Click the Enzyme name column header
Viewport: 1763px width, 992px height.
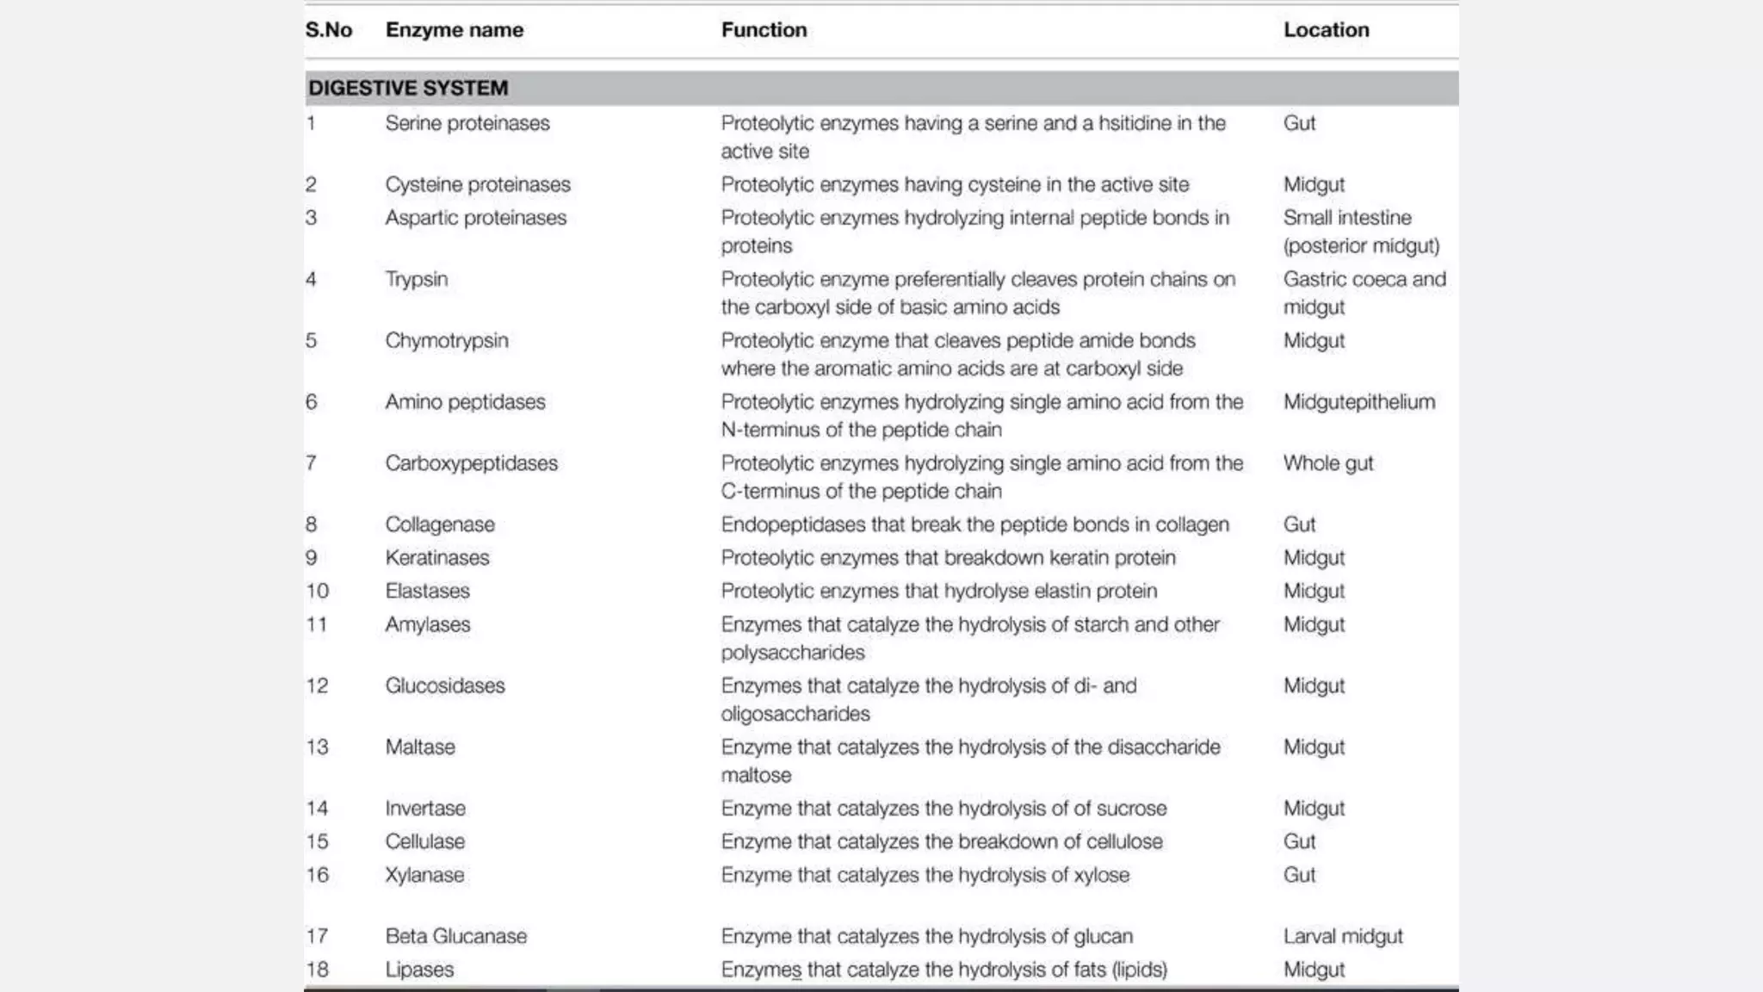tap(454, 30)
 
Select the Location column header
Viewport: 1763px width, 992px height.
tap(1326, 30)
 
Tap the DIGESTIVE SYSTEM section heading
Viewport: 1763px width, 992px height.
tap(408, 88)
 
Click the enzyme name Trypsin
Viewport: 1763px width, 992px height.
tap(417, 279)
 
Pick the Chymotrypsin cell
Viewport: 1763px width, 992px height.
tap(447, 340)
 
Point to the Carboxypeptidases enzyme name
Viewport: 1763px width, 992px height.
tap(471, 463)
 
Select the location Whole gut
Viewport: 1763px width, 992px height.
tap(1327, 463)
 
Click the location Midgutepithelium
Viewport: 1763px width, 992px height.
tap(1358, 402)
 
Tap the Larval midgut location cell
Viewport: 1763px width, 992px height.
tap(1342, 936)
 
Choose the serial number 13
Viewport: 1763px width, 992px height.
tap(317, 747)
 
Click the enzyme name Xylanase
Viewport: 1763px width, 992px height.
tap(424, 875)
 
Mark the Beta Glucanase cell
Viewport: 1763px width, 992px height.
tap(455, 936)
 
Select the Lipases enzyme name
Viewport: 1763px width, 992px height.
tap(419, 970)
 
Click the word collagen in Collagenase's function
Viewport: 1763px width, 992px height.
tap(1192, 524)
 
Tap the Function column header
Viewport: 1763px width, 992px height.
tap(764, 30)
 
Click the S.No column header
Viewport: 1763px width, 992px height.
tap(329, 30)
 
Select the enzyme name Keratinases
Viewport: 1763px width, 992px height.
tap(436, 558)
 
